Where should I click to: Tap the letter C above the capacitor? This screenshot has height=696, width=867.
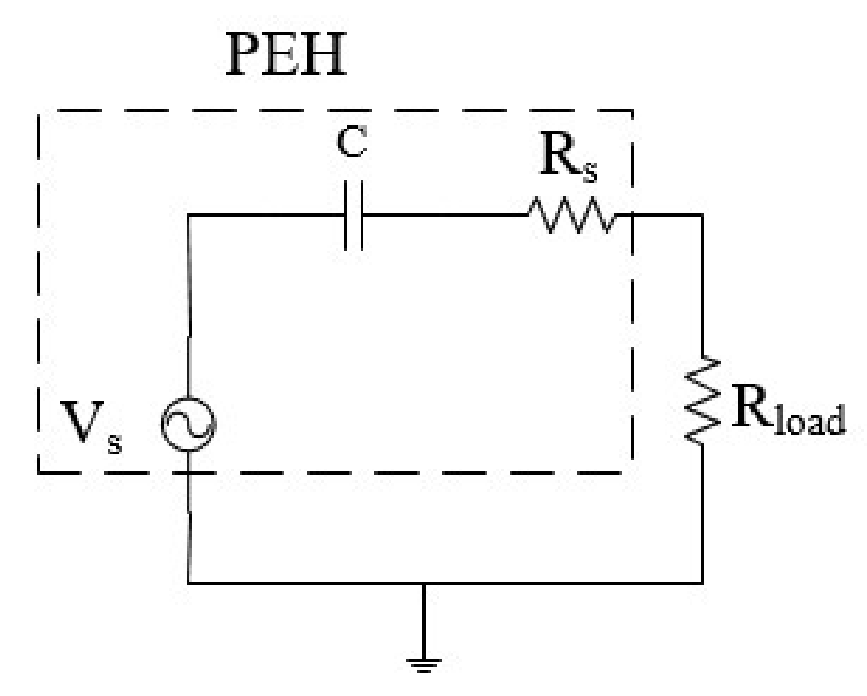pyautogui.click(x=351, y=143)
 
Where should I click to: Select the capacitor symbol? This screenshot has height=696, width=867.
pyautogui.click(x=353, y=215)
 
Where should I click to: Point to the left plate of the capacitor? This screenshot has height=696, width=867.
pyautogui.click(x=345, y=215)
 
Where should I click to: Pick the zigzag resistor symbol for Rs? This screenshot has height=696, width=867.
pyautogui.click(x=571, y=215)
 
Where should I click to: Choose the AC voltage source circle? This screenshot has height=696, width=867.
pyautogui.click(x=189, y=426)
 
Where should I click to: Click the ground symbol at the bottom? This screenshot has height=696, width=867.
pyautogui.click(x=424, y=663)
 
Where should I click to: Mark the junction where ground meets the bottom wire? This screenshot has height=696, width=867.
pyautogui.click(x=424, y=582)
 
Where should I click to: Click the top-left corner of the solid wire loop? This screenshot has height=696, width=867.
pyautogui.click(x=189, y=215)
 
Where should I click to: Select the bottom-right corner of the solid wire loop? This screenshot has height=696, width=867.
pyautogui.click(x=702, y=582)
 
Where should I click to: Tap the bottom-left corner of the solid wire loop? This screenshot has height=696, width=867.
pyautogui.click(x=189, y=582)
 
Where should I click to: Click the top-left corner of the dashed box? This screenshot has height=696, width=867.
pyautogui.click(x=39, y=112)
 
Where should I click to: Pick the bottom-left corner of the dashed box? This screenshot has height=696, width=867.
pyautogui.click(x=39, y=471)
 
